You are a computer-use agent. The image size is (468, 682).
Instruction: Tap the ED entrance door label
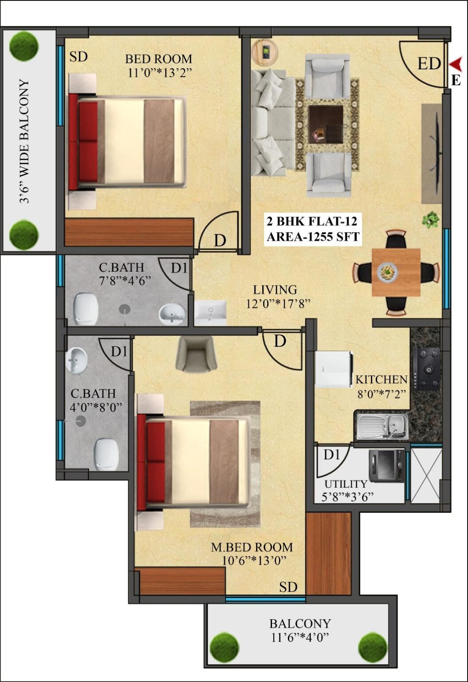(429, 64)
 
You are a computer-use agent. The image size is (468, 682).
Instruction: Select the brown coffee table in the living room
(326, 124)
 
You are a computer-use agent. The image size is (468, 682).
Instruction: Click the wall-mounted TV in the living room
(437, 153)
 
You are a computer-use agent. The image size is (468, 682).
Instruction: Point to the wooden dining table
(396, 272)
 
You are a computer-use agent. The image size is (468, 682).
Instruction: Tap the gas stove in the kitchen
(426, 369)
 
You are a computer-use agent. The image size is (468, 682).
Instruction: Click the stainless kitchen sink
(382, 427)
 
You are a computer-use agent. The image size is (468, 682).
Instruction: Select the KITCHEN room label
(381, 379)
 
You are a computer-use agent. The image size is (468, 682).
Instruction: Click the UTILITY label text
(346, 484)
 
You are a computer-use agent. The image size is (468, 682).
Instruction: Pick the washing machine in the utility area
(386, 465)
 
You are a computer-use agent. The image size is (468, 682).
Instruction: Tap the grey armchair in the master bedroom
(197, 354)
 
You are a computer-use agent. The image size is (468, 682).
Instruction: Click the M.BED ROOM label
(252, 547)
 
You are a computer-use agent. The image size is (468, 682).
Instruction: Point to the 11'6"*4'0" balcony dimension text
(300, 637)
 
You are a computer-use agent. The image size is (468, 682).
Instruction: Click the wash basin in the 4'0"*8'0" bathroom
(76, 360)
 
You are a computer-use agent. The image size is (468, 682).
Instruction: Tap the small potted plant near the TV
(431, 219)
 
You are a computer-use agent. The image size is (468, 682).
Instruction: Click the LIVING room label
(275, 289)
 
